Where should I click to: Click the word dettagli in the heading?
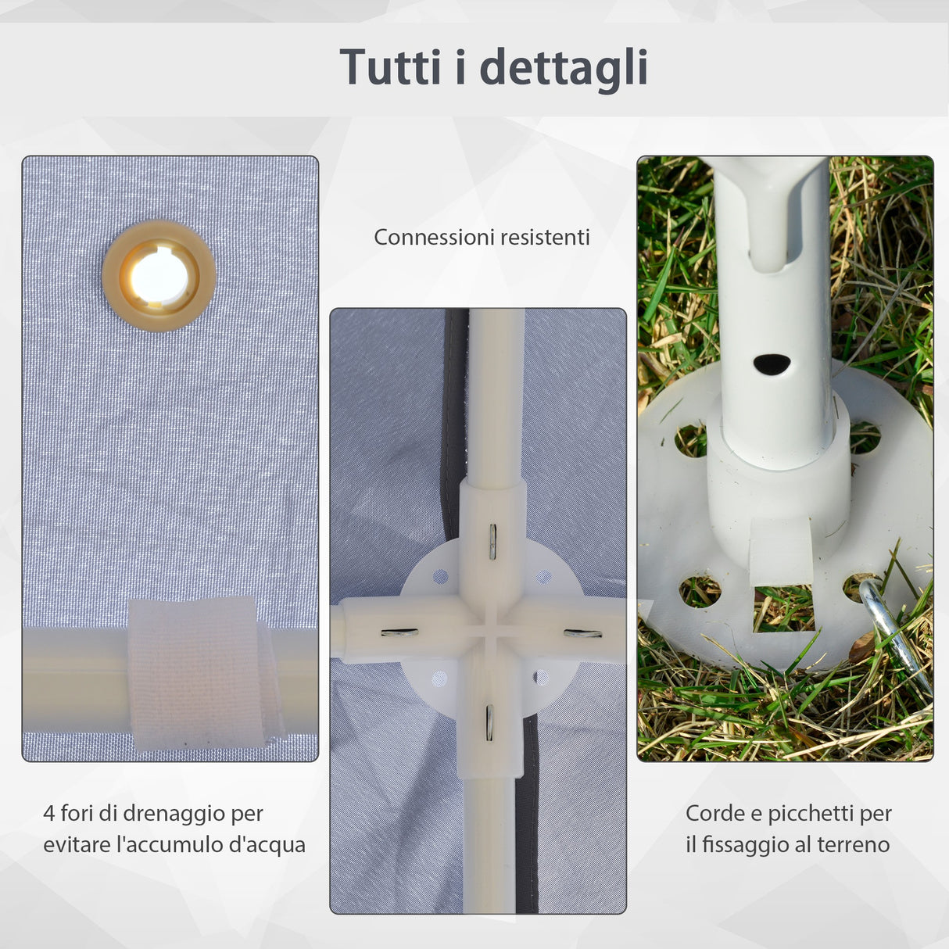tap(564, 68)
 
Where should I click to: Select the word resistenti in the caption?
tap(545, 237)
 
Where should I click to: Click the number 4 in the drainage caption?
tap(49, 814)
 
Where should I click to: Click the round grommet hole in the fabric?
tap(159, 276)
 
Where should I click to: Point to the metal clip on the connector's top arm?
tap(492, 541)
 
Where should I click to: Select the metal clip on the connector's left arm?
tap(399, 632)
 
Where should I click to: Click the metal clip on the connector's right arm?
tap(582, 632)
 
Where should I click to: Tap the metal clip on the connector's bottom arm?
tap(489, 722)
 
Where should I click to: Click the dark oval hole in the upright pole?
tap(772, 363)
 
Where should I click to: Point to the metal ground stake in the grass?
tap(896, 632)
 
